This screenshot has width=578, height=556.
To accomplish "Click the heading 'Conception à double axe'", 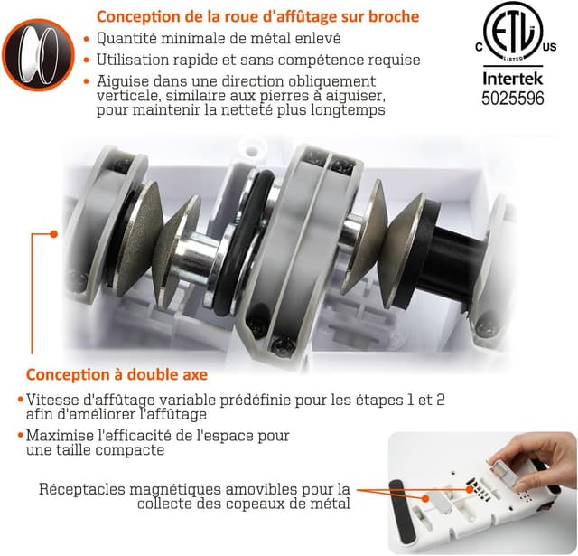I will [x=117, y=374].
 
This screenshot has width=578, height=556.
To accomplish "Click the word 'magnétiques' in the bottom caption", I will [x=177, y=489].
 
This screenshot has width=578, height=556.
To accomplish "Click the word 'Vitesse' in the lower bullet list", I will [x=52, y=399].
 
